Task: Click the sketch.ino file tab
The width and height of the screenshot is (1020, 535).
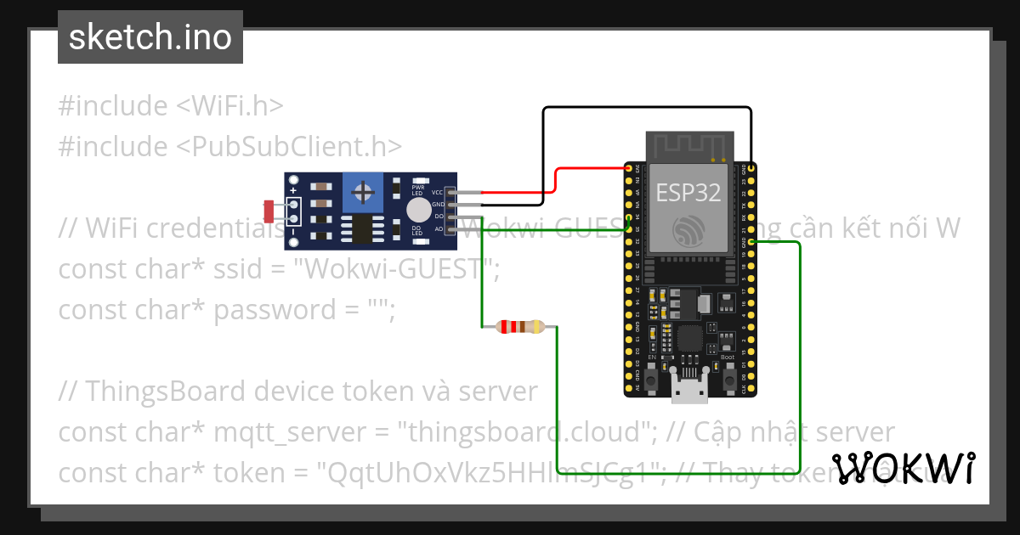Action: (x=150, y=37)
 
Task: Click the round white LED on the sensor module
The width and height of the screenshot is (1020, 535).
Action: (x=418, y=211)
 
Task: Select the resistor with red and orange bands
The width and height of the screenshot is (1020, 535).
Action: (x=520, y=327)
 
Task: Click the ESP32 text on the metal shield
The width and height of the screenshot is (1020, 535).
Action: (x=688, y=192)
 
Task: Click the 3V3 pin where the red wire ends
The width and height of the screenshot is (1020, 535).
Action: (x=629, y=169)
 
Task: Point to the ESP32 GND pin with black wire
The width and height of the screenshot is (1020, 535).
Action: (x=751, y=169)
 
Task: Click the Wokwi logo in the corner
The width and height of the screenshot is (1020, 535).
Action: (x=903, y=469)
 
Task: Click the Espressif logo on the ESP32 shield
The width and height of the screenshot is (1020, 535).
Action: (x=688, y=231)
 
